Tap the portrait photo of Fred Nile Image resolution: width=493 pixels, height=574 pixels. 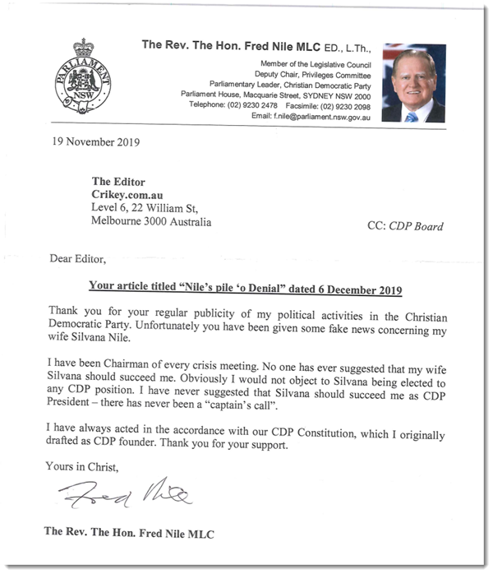(x=413, y=83)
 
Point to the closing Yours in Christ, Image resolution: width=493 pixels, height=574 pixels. (x=83, y=466)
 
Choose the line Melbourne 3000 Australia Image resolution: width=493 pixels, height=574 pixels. (x=151, y=222)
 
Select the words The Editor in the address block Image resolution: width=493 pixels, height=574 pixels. (x=118, y=181)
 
